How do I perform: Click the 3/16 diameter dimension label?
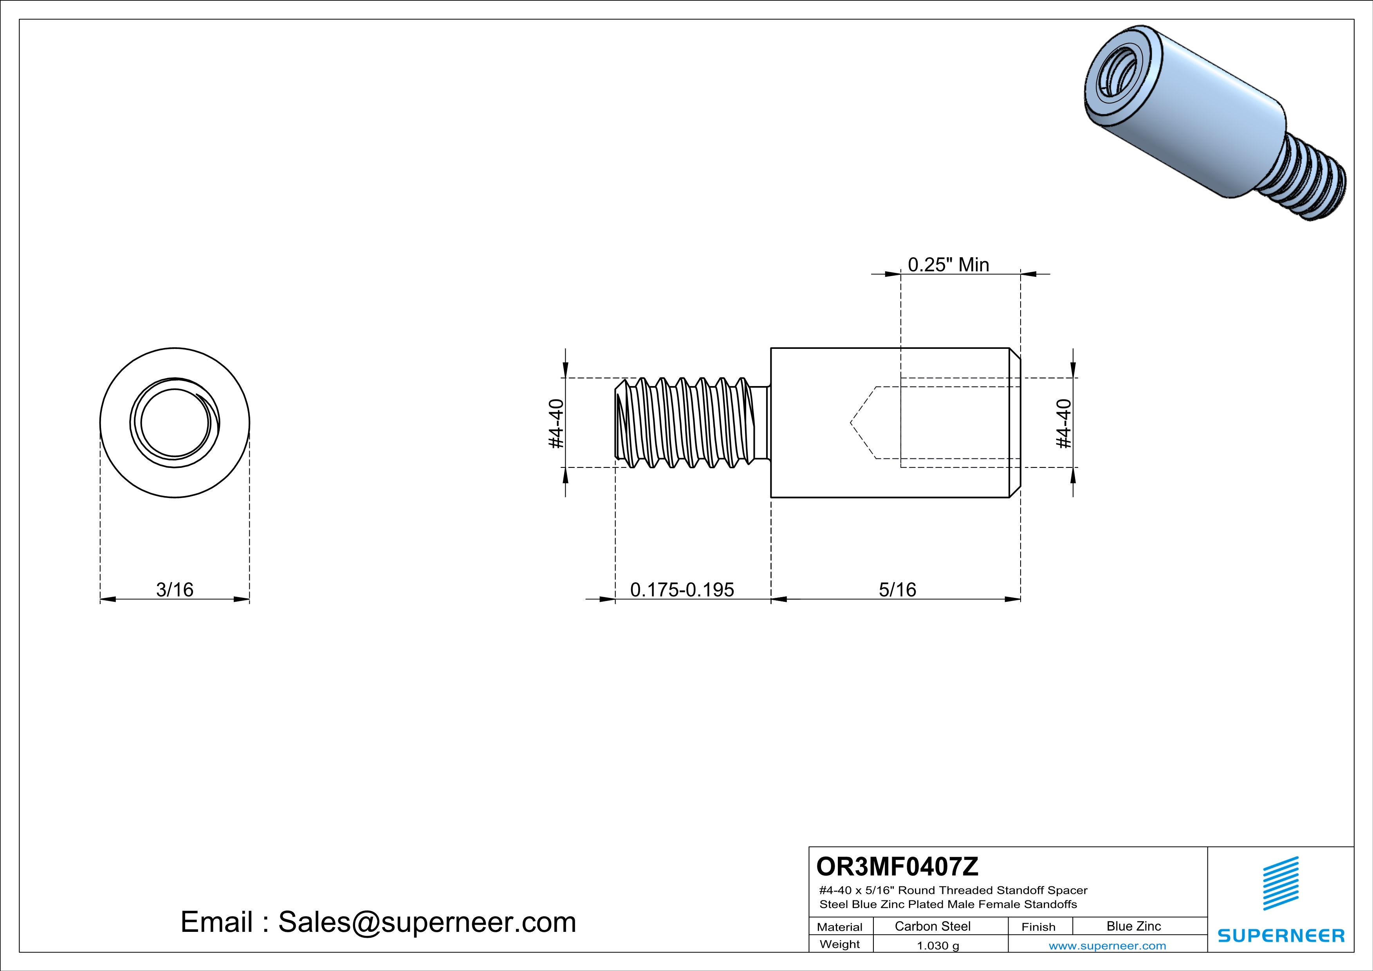coord(175,590)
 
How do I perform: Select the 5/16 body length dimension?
coord(897,590)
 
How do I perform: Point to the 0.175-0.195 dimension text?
coord(682,590)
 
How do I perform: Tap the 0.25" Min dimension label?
coord(949,264)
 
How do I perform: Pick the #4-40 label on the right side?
coord(1064,423)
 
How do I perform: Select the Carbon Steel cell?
coord(932,926)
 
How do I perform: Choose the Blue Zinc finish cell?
coord(1133,926)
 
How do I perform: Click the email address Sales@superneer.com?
coord(427,922)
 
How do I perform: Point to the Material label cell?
coord(840,927)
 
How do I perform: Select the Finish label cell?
coord(1038,927)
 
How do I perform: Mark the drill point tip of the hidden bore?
coord(852,423)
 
